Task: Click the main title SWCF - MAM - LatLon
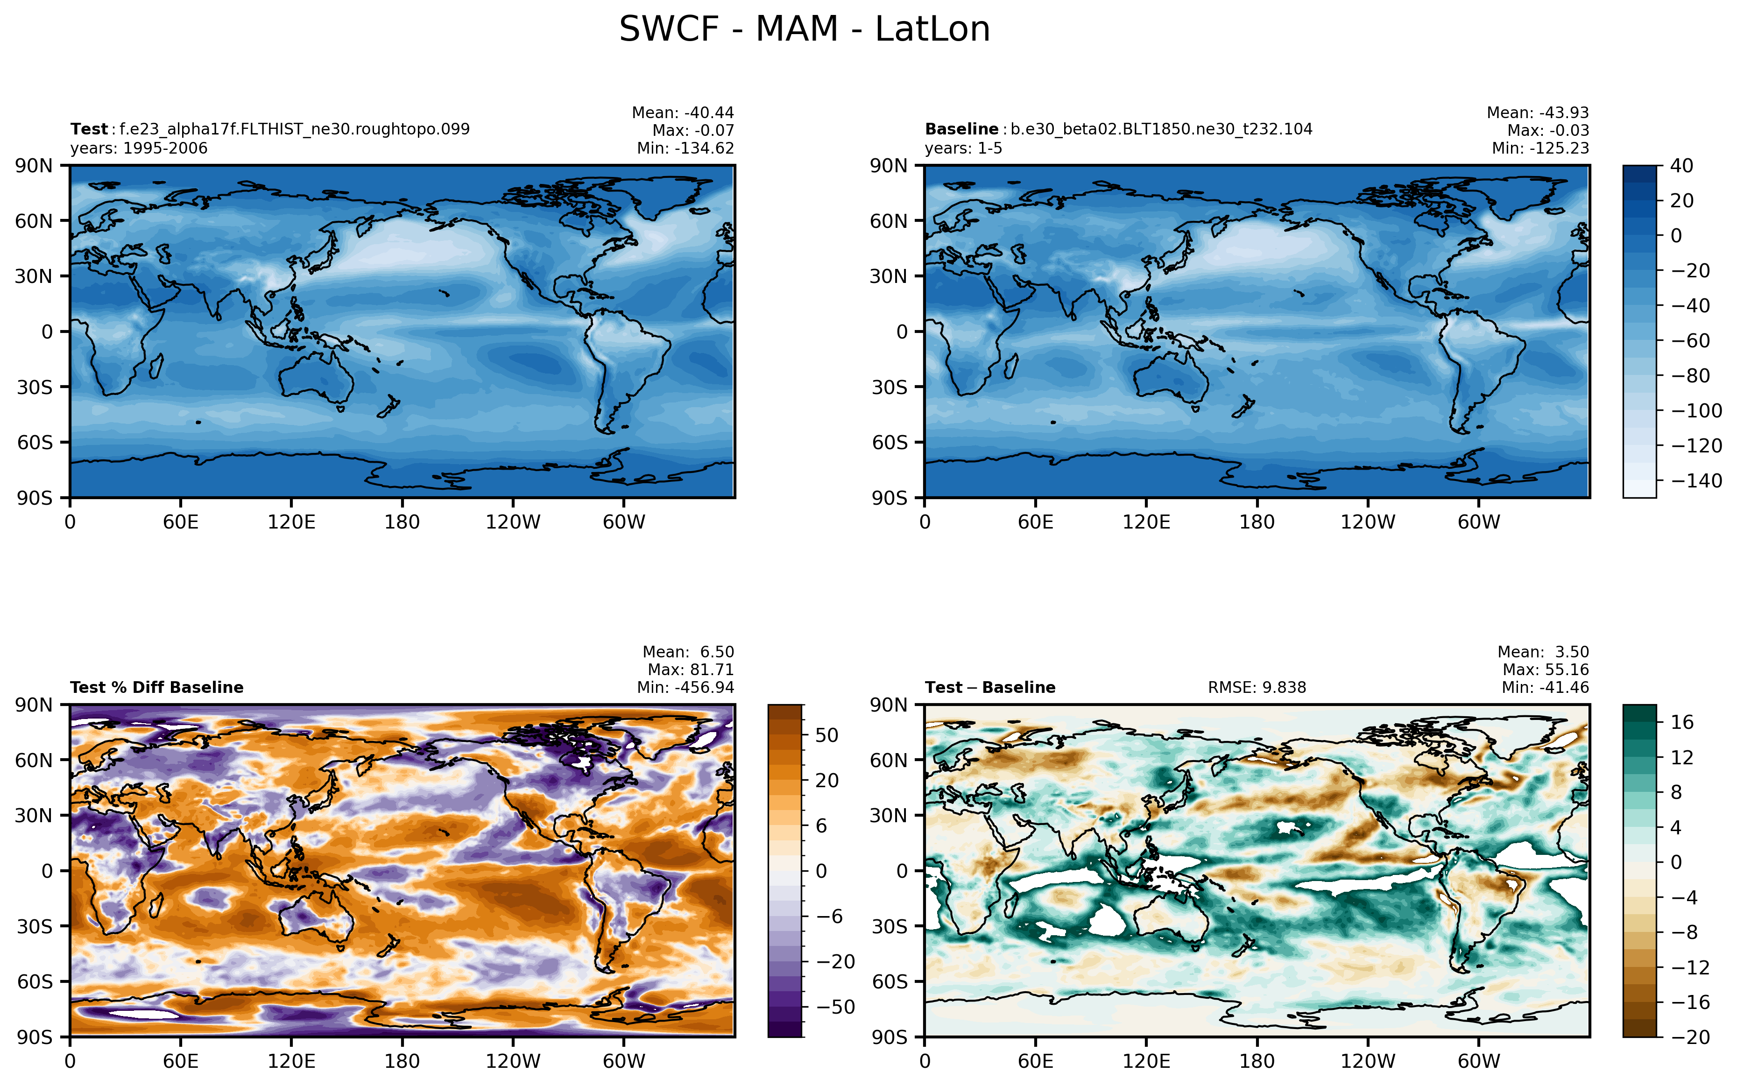click(805, 29)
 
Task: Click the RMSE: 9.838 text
click(1257, 687)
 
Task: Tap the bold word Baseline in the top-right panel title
click(961, 129)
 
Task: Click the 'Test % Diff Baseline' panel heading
click(156, 687)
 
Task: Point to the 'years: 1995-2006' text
click(139, 148)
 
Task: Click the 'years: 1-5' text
click(963, 148)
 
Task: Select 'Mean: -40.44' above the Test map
click(683, 113)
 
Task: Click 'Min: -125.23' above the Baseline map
click(1540, 148)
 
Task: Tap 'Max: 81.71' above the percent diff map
click(690, 670)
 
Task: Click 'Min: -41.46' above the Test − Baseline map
click(1545, 687)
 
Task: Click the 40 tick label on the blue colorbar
click(1682, 166)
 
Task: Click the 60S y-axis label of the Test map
click(35, 443)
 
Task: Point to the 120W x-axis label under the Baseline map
click(1367, 522)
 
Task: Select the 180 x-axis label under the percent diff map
click(402, 1061)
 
